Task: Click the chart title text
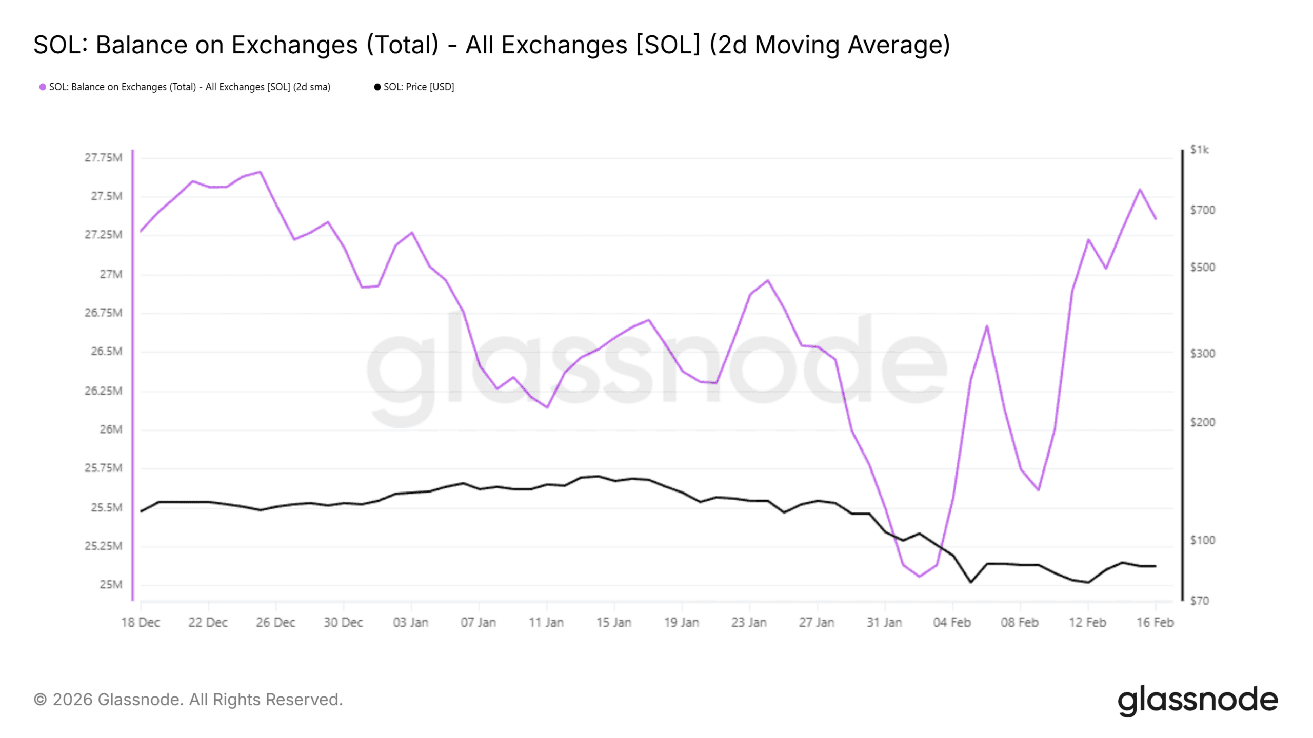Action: pos(491,45)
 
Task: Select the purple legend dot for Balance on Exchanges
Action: pos(43,87)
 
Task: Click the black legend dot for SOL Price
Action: pos(377,87)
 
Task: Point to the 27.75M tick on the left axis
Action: pos(103,157)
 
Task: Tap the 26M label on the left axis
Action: pos(111,429)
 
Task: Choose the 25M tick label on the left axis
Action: pos(111,585)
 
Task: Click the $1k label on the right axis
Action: pos(1199,150)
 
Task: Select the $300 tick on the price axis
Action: pos(1202,354)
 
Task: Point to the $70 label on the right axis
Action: pos(1199,601)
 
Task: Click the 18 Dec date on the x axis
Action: pos(140,623)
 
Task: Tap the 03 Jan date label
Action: pos(410,623)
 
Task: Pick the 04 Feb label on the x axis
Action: pos(952,623)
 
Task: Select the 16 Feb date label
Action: pos(1155,623)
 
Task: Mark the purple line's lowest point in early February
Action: pos(919,577)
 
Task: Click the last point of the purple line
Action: pos(1156,219)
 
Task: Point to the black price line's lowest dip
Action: pos(970,582)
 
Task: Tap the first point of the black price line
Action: pos(141,511)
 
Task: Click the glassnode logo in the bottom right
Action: pos(1198,700)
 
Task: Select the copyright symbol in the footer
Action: pos(40,700)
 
